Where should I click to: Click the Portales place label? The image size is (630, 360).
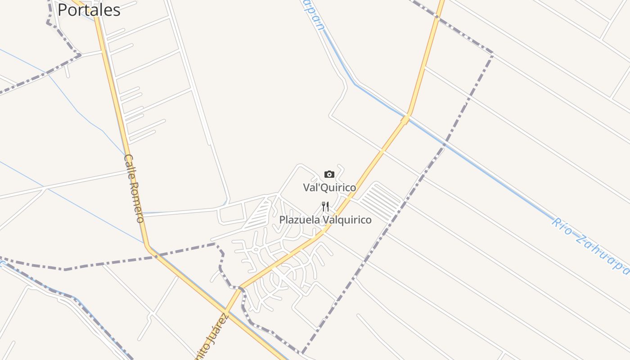point(89,10)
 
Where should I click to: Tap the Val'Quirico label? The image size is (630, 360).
point(329,187)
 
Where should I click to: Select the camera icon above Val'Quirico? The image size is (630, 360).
point(329,175)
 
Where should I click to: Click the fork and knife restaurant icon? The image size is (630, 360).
point(325,207)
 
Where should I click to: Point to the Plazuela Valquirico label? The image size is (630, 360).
point(325,220)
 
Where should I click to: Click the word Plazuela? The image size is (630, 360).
point(300,220)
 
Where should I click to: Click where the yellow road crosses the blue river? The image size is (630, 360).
point(405,118)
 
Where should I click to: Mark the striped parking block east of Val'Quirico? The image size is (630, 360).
point(381,201)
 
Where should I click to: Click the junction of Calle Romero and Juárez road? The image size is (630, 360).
point(228,310)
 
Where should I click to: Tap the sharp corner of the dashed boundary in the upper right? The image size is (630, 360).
point(493,54)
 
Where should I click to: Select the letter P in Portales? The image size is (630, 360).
point(62,10)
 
